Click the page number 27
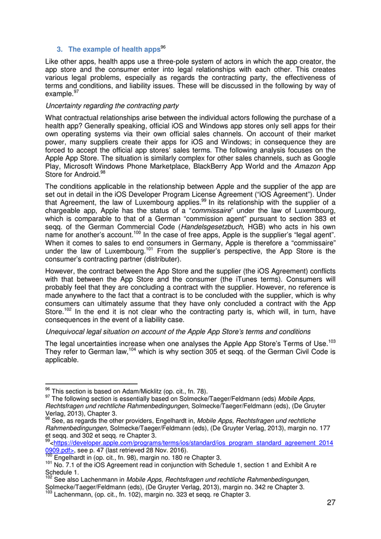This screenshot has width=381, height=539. coord(331,502)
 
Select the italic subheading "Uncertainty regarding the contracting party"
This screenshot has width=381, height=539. coord(112,105)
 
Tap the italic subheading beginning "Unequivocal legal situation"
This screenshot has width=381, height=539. coord(178,332)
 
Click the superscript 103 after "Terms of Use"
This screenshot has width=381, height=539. coord(331,341)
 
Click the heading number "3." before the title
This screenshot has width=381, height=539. coord(60,50)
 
